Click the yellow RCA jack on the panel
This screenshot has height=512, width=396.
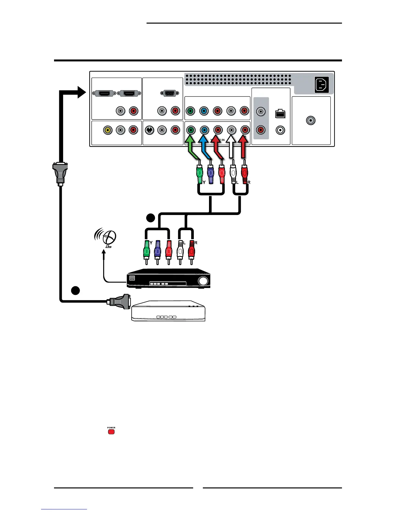tap(108, 130)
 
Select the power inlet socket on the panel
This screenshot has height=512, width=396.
tap(322, 85)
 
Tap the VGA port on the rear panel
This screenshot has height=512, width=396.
tap(168, 93)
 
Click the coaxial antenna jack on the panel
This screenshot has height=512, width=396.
tap(311, 121)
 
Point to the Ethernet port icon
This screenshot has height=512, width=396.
tap(280, 114)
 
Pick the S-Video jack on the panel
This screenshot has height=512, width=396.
tap(149, 130)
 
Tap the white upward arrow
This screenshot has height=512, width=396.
tap(231, 148)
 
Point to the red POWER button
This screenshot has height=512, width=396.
tap(111, 432)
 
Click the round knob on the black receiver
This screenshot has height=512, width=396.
tap(203, 281)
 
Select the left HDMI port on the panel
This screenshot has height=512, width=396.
tap(104, 93)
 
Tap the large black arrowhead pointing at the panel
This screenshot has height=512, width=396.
tap(81, 92)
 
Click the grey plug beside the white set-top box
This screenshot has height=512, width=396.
tap(119, 301)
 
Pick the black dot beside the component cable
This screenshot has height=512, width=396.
tap(150, 218)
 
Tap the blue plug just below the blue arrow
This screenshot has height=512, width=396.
tap(211, 175)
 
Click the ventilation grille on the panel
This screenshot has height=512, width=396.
tap(238, 79)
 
